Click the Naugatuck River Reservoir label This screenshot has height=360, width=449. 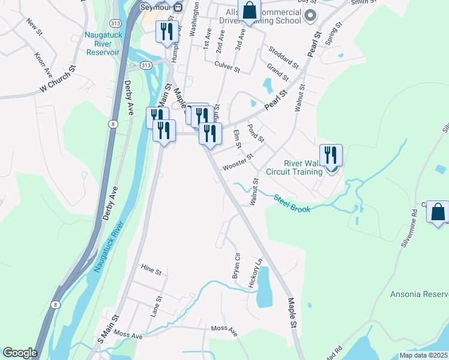click(103, 44)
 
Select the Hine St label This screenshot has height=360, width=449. click(151, 271)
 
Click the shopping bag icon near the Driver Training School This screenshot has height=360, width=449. click(249, 10)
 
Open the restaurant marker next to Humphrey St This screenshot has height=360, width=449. click(166, 31)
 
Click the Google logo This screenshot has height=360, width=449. click(19, 353)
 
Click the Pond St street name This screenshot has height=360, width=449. click(256, 133)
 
